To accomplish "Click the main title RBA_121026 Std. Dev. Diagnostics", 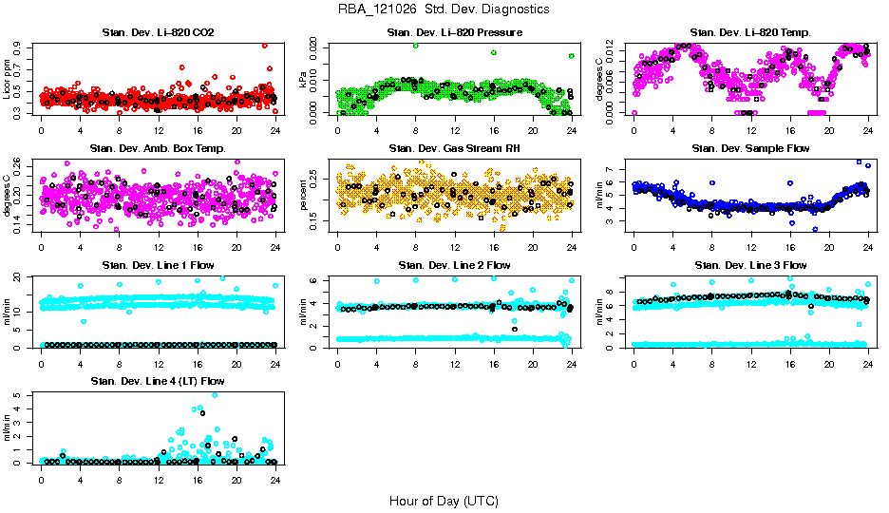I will pos(444,9).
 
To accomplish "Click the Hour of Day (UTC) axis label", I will pos(444,500).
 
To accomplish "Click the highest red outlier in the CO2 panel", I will pos(265,46).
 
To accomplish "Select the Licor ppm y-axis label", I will pos(8,79).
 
